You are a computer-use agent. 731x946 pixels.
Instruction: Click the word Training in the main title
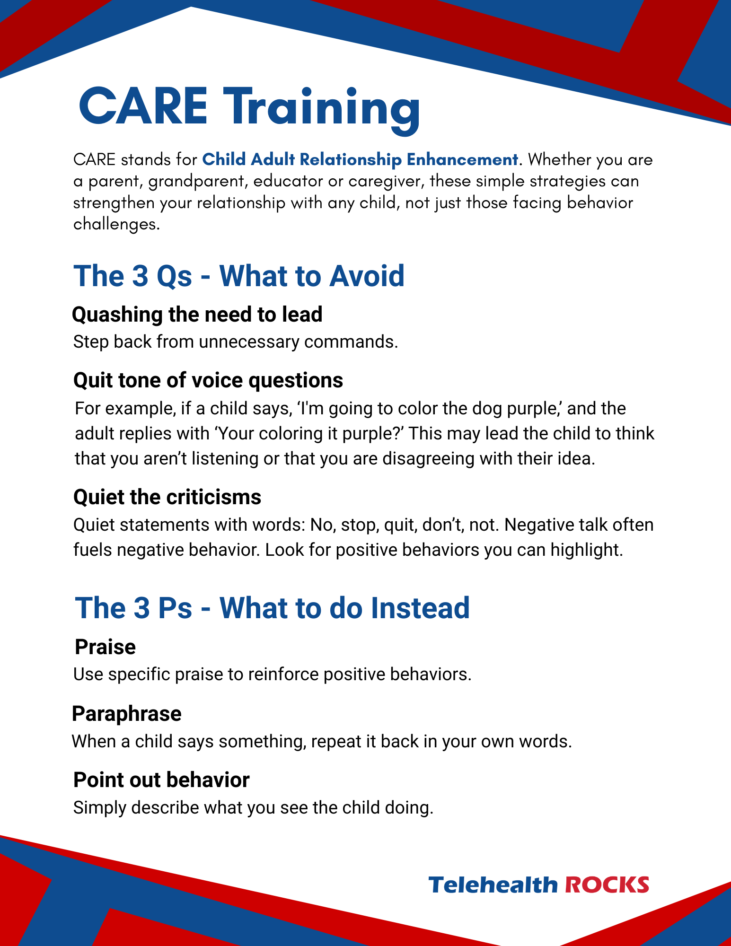click(x=322, y=111)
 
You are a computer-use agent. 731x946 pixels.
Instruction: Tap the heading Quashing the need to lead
click(x=197, y=315)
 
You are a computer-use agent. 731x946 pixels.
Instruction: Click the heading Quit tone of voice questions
click(x=208, y=380)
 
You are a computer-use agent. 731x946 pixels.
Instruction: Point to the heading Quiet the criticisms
click(x=167, y=497)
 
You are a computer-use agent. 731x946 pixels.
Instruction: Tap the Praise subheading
click(x=106, y=647)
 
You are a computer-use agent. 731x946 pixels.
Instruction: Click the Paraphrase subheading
click(x=127, y=714)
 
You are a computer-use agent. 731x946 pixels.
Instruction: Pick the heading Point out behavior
click(x=161, y=780)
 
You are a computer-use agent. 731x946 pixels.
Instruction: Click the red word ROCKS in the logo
click(x=607, y=885)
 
